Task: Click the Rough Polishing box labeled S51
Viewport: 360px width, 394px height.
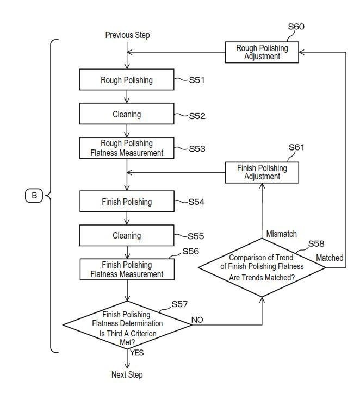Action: click(127, 80)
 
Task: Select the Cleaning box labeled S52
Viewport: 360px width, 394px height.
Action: click(127, 114)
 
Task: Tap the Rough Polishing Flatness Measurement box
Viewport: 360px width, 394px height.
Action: click(127, 148)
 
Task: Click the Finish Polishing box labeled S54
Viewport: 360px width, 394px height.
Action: click(127, 201)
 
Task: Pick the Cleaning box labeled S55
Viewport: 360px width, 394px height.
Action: click(127, 235)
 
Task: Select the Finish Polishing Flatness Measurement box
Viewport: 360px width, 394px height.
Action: click(127, 270)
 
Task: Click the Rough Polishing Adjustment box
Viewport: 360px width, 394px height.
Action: click(262, 52)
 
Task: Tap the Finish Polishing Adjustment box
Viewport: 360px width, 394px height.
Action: click(262, 172)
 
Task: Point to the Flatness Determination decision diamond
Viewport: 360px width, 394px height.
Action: click(127, 325)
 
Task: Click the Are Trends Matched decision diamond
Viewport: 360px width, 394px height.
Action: click(262, 267)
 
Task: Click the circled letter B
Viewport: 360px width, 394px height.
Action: click(34, 196)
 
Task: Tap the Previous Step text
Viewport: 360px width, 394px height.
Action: click(127, 35)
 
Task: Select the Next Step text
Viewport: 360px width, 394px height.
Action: click(127, 374)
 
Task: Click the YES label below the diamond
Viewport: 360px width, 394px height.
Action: click(136, 353)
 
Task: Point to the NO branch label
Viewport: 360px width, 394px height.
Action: click(197, 320)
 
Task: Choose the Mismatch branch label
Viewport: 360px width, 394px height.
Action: click(281, 234)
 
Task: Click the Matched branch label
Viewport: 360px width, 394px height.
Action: click(330, 258)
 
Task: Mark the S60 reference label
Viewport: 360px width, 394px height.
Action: click(296, 27)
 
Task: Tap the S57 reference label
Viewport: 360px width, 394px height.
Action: click(179, 304)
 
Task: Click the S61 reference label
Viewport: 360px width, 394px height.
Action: click(297, 147)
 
